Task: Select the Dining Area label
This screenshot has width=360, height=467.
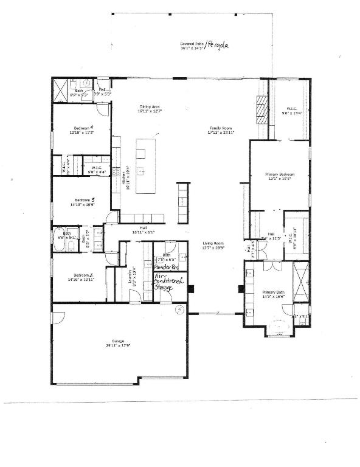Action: [x=149, y=106]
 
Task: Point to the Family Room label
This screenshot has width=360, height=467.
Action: [x=222, y=128]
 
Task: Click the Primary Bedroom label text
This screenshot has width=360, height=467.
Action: [x=280, y=174]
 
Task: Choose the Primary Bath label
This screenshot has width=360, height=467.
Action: [x=274, y=292]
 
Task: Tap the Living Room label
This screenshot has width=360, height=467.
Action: [x=213, y=243]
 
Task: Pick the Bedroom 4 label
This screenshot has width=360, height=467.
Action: [x=82, y=128]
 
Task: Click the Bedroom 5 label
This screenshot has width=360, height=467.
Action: [x=83, y=199]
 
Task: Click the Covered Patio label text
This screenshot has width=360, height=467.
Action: [x=192, y=44]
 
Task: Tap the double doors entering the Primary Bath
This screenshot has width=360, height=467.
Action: [x=269, y=266]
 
